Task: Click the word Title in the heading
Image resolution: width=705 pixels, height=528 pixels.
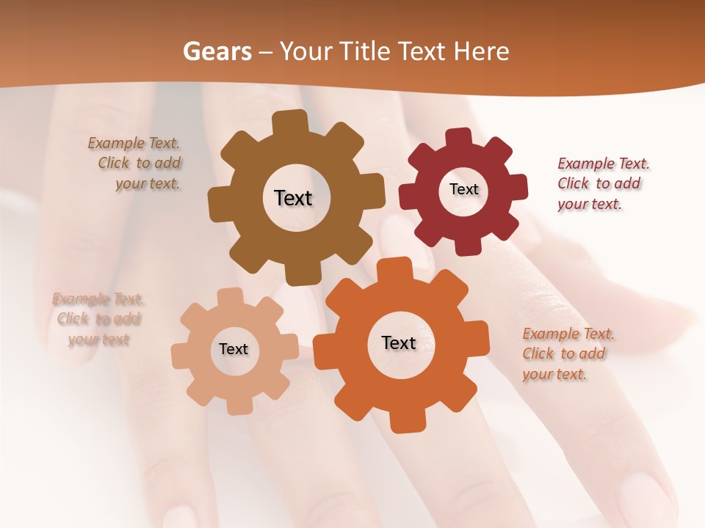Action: [x=363, y=51]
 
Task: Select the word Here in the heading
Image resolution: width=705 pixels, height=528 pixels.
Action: [x=482, y=51]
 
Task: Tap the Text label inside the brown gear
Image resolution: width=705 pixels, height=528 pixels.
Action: [x=293, y=198]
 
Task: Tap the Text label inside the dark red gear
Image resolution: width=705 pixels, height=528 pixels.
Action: [x=463, y=189]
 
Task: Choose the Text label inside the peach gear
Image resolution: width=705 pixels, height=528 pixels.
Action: [x=233, y=349]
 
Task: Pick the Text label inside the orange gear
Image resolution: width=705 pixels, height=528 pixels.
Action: [x=399, y=342]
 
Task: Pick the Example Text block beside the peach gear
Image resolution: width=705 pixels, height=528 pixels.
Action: [x=98, y=319]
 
